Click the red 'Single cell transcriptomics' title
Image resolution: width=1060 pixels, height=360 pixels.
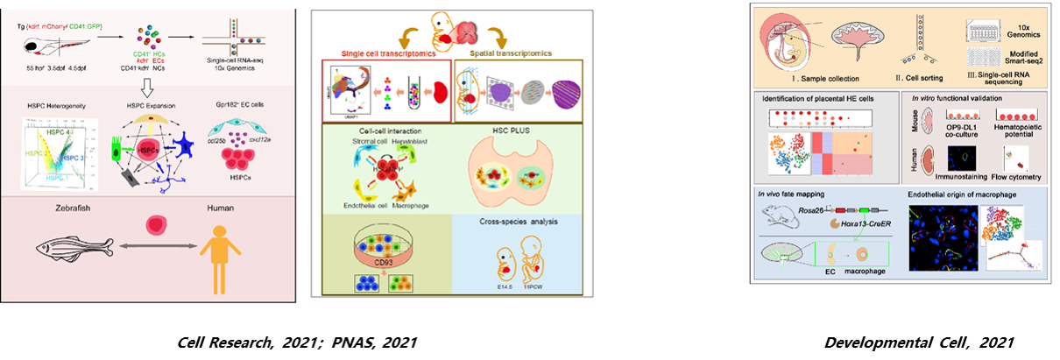381,54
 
